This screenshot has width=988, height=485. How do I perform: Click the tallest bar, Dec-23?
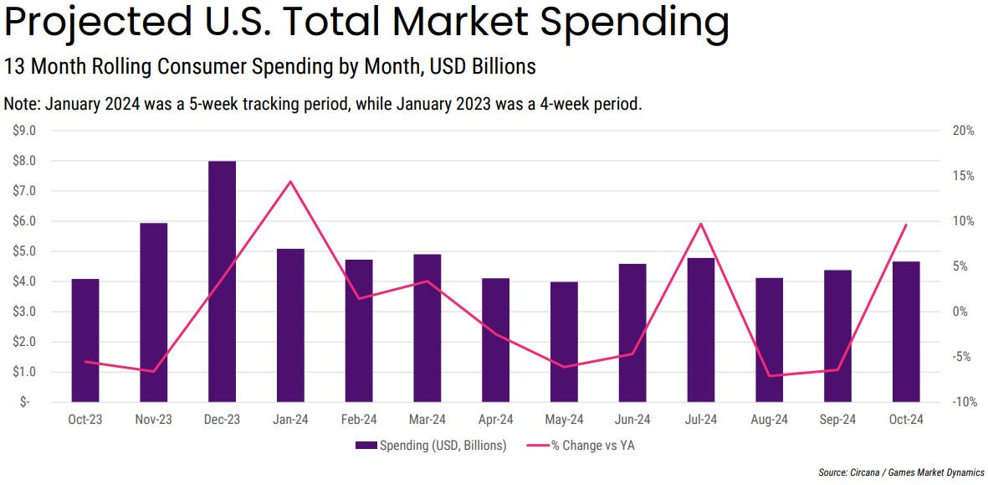[222, 281]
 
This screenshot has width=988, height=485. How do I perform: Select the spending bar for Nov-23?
[154, 312]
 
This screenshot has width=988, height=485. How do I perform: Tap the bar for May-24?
[564, 341]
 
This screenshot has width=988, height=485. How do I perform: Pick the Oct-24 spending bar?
[906, 331]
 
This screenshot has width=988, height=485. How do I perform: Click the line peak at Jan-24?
[290, 182]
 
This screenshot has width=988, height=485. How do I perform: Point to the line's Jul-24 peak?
[701, 224]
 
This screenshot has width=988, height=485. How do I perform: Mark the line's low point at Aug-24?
[770, 375]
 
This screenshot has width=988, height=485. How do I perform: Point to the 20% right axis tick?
[963, 131]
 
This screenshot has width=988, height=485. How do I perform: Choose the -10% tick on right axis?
[963, 402]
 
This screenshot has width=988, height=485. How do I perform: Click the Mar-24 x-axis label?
[427, 420]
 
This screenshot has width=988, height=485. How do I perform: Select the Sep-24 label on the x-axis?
[837, 420]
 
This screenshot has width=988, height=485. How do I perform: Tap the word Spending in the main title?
[635, 23]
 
